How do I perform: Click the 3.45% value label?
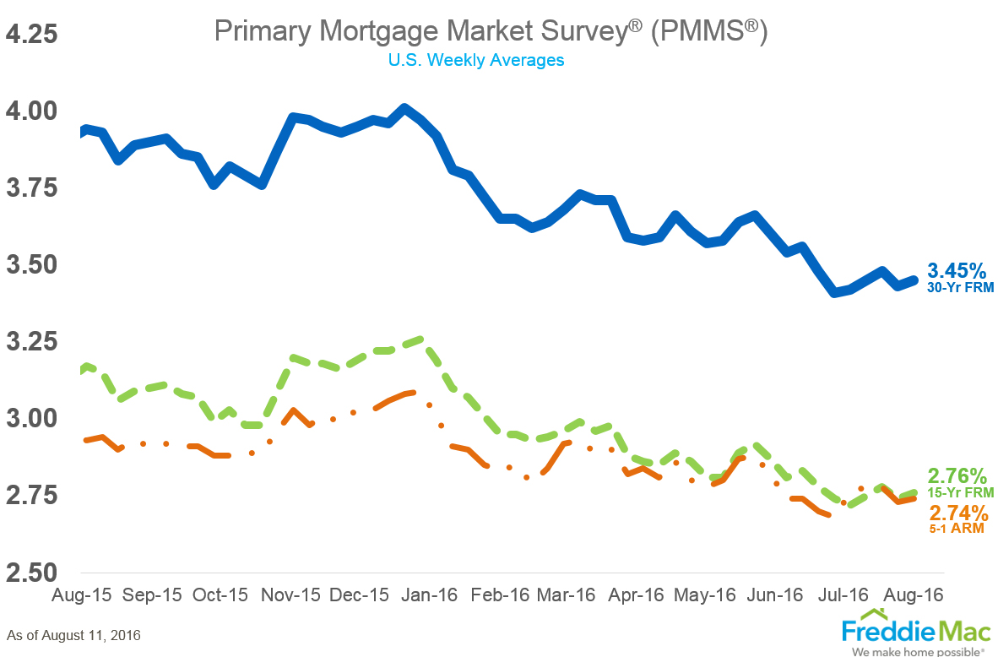click(x=957, y=271)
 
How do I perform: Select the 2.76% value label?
click(x=957, y=475)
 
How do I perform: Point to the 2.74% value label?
click(x=958, y=513)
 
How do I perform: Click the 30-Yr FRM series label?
click(x=960, y=288)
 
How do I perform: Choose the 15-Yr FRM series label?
click(x=960, y=492)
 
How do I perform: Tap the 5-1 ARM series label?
click(x=958, y=529)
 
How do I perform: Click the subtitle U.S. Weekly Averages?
click(x=476, y=60)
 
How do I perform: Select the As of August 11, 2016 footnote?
click(x=73, y=634)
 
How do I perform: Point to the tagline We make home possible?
click(x=918, y=652)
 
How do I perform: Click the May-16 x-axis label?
click(x=706, y=595)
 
